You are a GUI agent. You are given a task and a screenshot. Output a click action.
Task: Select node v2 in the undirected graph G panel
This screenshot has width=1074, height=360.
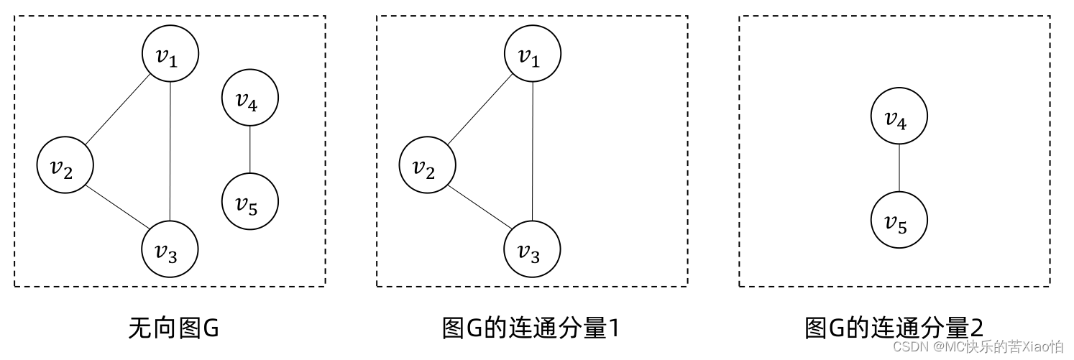[x=65, y=166]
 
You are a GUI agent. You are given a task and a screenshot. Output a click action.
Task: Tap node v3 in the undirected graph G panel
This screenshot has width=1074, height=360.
[x=169, y=249]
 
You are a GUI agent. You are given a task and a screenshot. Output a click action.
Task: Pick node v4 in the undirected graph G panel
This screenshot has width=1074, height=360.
[x=249, y=99]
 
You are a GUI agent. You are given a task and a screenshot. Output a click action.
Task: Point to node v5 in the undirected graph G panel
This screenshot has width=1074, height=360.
[x=249, y=202]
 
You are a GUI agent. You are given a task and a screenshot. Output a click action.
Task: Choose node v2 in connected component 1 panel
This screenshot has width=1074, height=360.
[x=428, y=166]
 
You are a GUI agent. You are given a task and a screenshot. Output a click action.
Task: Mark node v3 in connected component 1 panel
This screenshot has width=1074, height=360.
[x=532, y=249]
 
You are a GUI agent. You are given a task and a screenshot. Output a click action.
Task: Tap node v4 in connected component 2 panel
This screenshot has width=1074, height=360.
[x=899, y=117]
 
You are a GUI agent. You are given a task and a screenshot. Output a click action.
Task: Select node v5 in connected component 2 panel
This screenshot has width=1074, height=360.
[x=899, y=221]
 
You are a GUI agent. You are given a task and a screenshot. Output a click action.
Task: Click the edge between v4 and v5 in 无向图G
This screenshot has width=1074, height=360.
[x=249, y=150]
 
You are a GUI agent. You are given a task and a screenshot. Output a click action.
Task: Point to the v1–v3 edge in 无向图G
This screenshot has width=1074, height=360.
[x=169, y=152]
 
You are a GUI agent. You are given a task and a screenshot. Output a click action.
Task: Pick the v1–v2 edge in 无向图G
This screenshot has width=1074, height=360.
[x=117, y=111]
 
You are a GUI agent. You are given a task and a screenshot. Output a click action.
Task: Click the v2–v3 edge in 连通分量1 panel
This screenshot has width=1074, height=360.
[x=479, y=207]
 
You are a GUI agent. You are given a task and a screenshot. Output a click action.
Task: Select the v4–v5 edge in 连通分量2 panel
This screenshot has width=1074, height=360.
[x=899, y=169]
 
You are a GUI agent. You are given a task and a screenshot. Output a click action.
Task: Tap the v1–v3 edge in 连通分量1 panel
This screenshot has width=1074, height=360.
[x=532, y=152]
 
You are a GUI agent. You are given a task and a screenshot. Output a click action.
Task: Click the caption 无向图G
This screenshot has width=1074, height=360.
[x=173, y=328]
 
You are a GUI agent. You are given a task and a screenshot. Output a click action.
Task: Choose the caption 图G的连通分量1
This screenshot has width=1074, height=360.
[x=531, y=328]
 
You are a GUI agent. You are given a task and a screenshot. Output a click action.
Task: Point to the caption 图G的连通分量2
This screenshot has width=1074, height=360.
[x=894, y=328]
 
